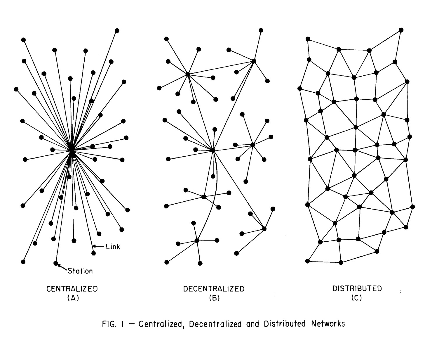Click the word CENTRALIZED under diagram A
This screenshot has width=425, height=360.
pyautogui.click(x=72, y=289)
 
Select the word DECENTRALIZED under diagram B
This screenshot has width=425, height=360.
pyautogui.click(x=214, y=289)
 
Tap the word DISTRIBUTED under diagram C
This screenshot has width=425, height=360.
pyautogui.click(x=357, y=288)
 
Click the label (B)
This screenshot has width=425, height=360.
pyautogui.click(x=214, y=298)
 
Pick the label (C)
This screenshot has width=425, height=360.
pyautogui.click(x=357, y=298)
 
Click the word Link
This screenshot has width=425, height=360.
pyautogui.click(x=113, y=247)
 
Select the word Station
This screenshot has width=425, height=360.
pyautogui.click(x=80, y=271)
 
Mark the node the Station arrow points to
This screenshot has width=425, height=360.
pyautogui.click(x=56, y=263)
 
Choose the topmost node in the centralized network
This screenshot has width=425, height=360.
pyautogui.click(x=117, y=30)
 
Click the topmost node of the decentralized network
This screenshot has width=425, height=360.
pyautogui.click(x=261, y=30)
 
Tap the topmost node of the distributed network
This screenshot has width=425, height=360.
pyautogui.click(x=401, y=30)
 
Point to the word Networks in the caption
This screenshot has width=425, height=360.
pyautogui.click(x=328, y=324)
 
